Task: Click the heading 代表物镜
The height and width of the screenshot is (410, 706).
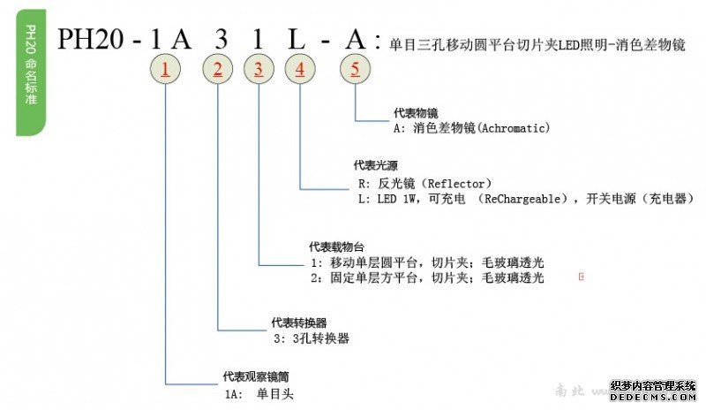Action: click(x=414, y=114)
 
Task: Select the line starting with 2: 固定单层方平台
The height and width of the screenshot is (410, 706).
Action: click(x=427, y=278)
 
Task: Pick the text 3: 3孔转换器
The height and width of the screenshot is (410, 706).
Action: click(x=309, y=338)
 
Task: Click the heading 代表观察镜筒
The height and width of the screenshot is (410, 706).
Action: click(x=252, y=377)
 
